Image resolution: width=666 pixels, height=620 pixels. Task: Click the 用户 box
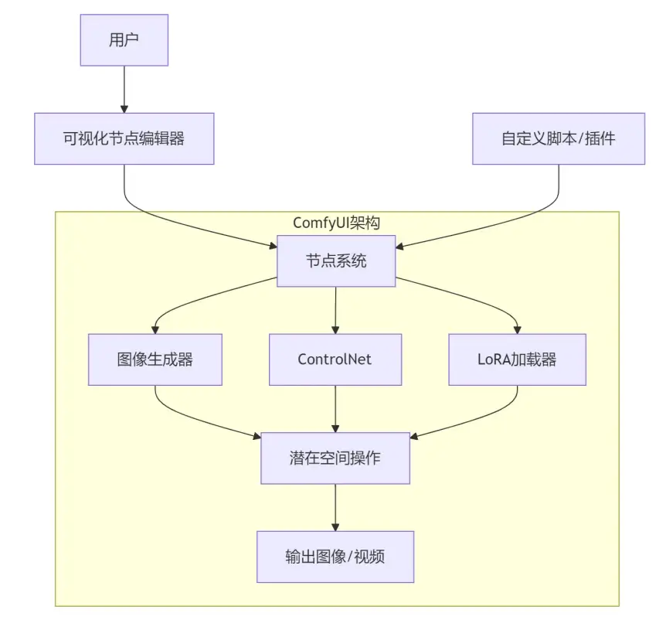[x=124, y=40]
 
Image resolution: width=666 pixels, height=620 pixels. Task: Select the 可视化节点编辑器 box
[x=124, y=138]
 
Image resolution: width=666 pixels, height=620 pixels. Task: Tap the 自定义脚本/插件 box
[x=558, y=138]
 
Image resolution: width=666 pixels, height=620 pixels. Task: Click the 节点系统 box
[x=335, y=261]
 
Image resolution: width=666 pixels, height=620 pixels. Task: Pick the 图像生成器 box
[x=155, y=359]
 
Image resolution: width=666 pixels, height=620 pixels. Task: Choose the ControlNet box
[x=335, y=359]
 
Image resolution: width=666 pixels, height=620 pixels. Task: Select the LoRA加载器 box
[x=517, y=359]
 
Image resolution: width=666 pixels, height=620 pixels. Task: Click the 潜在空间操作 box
[x=335, y=458]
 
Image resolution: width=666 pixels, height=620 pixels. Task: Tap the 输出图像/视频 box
[x=335, y=557]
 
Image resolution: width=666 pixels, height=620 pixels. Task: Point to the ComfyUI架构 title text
[x=336, y=223]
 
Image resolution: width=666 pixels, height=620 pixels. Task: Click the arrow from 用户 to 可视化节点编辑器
[x=124, y=89]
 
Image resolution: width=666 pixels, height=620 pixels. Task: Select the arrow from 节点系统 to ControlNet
[x=335, y=309]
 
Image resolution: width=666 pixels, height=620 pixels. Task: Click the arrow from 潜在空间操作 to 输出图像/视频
[x=335, y=507]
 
